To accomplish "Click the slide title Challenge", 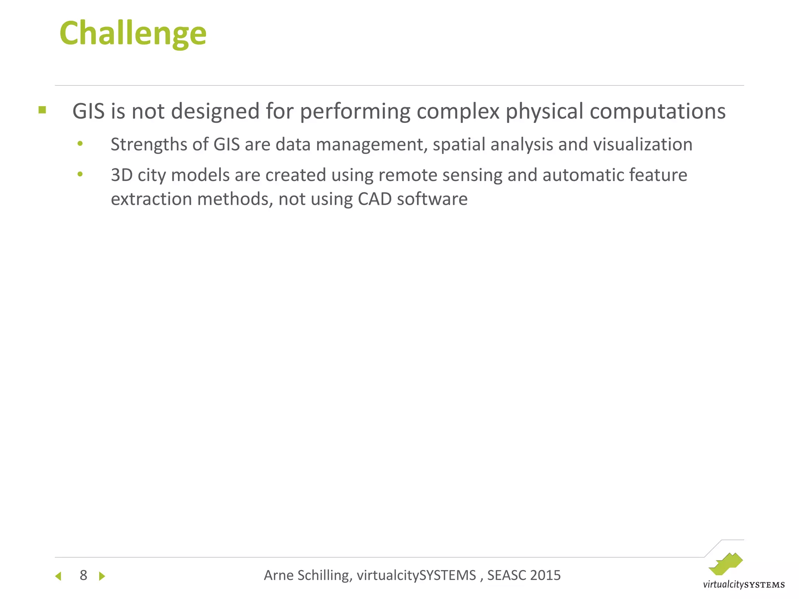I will pos(133,34).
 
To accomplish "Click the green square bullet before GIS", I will pos(42,110).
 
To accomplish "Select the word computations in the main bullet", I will pos(657,112).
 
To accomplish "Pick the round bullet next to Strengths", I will pos(80,144).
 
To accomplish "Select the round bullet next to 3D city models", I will pos(80,174).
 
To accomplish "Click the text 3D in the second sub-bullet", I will pos(122,175).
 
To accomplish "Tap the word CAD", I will pos(375,199).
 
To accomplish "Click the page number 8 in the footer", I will pos(83,575).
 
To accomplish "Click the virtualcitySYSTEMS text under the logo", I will pos(744,585).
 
